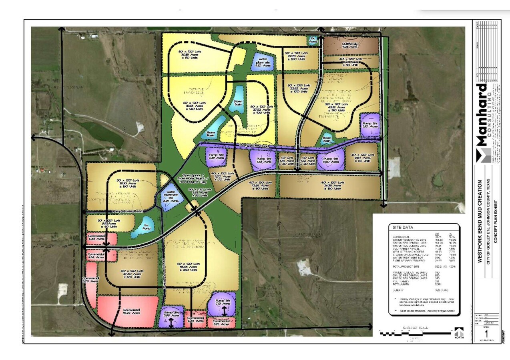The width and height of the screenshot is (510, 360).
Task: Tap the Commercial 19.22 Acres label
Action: [119, 312]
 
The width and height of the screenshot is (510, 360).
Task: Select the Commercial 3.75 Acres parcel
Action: [221, 322]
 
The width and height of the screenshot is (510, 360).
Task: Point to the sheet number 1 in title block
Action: [486, 333]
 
